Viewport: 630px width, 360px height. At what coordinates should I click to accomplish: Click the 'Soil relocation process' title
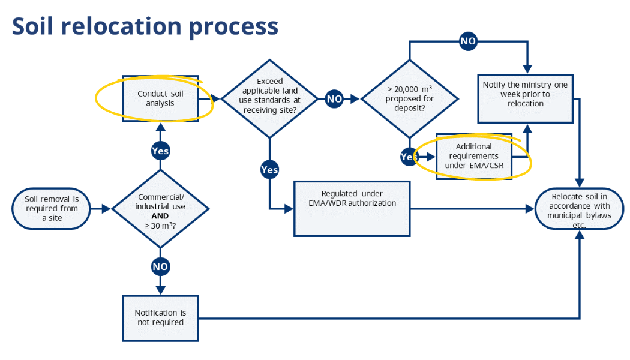pos(145,26)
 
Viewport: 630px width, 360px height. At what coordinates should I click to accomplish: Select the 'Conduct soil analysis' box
pos(161,98)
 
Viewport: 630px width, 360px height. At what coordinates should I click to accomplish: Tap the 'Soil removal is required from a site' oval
pos(52,209)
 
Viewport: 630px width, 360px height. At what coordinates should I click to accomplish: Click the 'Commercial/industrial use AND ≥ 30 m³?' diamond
pos(160,209)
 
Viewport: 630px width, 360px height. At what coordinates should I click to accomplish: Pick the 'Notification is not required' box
pos(161,318)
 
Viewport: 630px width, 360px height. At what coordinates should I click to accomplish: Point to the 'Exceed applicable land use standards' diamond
pos(269,99)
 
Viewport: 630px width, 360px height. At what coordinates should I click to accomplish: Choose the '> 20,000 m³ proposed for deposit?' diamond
pos(409,99)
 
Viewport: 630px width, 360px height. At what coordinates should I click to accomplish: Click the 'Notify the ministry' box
pos(525,98)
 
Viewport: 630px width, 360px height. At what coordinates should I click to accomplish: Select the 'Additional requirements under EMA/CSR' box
pos(474,156)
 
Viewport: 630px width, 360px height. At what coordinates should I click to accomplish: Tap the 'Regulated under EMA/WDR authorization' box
pos(352,209)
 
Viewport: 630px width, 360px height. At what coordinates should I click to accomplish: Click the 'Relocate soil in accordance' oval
pos(579,209)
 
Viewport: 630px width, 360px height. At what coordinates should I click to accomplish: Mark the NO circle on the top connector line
pos(468,41)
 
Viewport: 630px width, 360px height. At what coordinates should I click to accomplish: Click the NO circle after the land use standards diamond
pos(334,99)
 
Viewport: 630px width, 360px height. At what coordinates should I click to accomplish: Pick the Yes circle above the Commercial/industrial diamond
pos(160,151)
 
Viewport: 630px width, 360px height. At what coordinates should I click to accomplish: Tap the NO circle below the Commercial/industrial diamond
pos(160,266)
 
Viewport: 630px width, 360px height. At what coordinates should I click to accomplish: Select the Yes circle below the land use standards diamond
pos(269,170)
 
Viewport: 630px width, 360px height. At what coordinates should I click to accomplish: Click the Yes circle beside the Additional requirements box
pos(409,157)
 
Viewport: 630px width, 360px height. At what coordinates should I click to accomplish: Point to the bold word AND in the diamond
pos(160,216)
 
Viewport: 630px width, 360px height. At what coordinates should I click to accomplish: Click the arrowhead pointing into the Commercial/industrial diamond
pos(106,209)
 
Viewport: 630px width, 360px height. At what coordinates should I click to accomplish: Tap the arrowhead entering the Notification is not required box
pos(160,290)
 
